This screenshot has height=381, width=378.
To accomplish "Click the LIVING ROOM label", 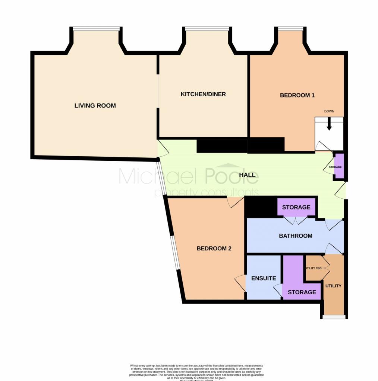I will pyautogui.click(x=95, y=106).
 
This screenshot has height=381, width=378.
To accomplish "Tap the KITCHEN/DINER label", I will pyautogui.click(x=203, y=94).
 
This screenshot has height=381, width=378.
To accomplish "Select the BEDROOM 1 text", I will pyautogui.click(x=297, y=95).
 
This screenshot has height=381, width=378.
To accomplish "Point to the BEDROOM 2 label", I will pyautogui.click(x=214, y=249).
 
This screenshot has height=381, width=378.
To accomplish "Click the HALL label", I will pyautogui.click(x=248, y=175).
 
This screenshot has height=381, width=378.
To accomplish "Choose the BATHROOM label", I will pyautogui.click(x=296, y=236).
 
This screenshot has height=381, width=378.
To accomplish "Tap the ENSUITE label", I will pyautogui.click(x=264, y=278).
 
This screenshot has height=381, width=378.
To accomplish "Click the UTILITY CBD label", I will pyautogui.click(x=313, y=268).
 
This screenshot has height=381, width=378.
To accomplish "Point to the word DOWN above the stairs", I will pyautogui.click(x=329, y=111).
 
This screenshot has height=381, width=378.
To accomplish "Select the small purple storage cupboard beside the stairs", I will pyautogui.click(x=338, y=167).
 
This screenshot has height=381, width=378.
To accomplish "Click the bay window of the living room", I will pyautogui.click(x=96, y=28).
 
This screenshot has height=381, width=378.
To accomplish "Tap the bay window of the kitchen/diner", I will pyautogui.click(x=207, y=28).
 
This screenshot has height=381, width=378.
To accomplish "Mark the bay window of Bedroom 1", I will pyautogui.click(x=290, y=28).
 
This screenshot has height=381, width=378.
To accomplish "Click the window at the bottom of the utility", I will pyautogui.click(x=334, y=317).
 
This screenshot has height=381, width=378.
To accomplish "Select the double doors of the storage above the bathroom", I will pyautogui.click(x=296, y=221).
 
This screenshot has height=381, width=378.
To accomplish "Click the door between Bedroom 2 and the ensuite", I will pyautogui.click(x=241, y=283).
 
